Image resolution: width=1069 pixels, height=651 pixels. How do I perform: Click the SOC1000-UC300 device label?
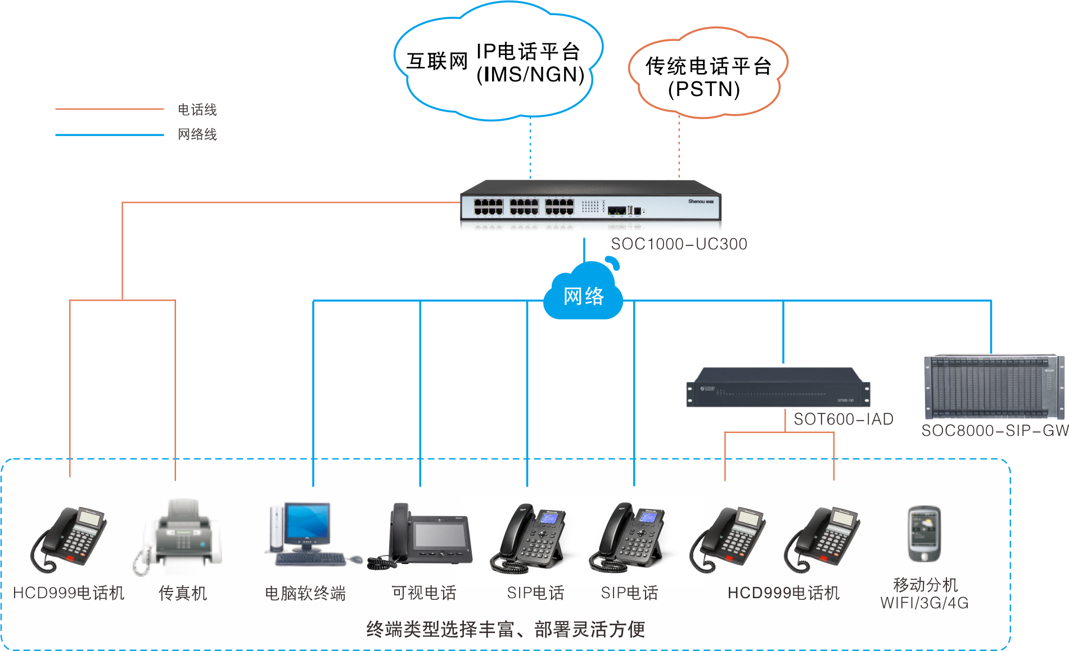pos(679,244)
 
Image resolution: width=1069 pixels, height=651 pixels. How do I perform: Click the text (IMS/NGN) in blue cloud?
pos(530,75)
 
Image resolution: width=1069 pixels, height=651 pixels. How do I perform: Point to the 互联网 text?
pos(437,61)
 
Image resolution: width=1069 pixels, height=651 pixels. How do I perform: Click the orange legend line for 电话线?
pos(109,109)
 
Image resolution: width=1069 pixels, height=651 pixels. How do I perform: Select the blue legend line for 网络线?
pos(109,135)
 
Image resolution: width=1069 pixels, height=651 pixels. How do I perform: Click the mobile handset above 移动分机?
pos(924,534)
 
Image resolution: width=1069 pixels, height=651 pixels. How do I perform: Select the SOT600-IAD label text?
pos(843,419)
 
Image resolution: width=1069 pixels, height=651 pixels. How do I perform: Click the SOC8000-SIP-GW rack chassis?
pos(994,387)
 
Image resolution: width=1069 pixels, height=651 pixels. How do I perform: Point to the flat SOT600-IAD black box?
pos(778,389)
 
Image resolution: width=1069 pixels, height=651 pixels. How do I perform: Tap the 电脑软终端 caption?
pos(305,593)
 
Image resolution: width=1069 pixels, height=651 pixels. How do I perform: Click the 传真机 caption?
pos(183,593)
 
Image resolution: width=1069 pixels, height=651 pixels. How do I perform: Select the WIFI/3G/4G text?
pos(924,603)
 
